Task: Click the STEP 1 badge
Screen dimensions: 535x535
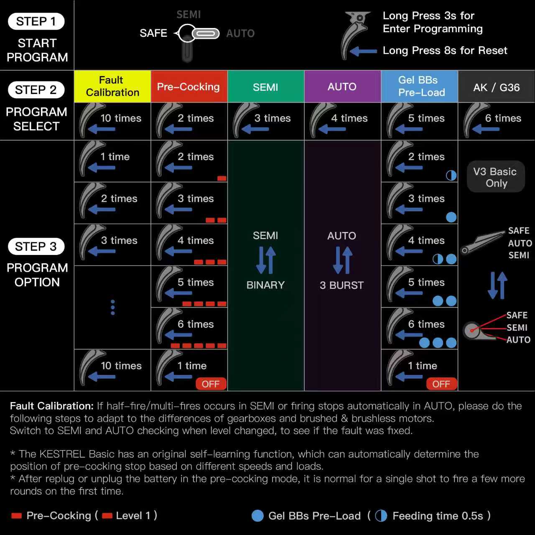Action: click(36, 21)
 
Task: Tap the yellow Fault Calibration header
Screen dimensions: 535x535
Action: click(112, 86)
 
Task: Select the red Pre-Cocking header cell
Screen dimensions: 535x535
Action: click(189, 87)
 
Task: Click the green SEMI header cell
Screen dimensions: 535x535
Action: click(265, 87)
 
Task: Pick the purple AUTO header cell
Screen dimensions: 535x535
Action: click(342, 87)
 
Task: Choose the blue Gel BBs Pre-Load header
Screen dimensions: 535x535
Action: click(420, 86)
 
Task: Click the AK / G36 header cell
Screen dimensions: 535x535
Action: click(497, 87)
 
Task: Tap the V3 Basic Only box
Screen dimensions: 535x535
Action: click(495, 177)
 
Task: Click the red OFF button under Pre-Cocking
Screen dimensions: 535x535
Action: click(211, 384)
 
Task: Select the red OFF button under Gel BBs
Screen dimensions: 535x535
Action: click(441, 384)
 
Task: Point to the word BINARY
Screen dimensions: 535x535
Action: click(265, 285)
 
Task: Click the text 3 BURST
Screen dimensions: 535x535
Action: click(341, 285)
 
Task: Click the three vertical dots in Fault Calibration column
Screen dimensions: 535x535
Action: click(112, 307)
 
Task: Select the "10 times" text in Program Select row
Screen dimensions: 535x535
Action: click(121, 118)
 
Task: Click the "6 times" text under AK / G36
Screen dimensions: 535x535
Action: click(503, 118)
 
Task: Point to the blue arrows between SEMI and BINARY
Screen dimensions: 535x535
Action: click(266, 260)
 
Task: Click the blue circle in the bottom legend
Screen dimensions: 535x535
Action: click(258, 516)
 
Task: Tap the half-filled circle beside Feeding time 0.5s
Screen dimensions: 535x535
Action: click(381, 516)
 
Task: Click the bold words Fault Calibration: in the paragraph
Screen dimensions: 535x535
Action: click(52, 406)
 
